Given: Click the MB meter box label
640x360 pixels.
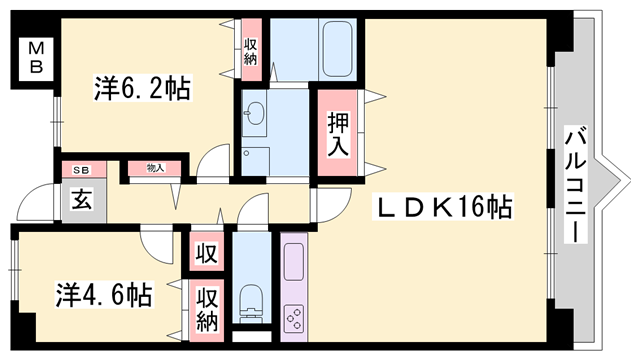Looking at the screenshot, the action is pyautogui.click(x=35, y=56).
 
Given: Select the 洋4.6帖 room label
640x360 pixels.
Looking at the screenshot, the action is pyautogui.click(x=103, y=295).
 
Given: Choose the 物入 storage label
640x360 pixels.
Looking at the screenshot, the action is pyautogui.click(x=155, y=169).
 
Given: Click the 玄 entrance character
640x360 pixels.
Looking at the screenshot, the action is pyautogui.click(x=78, y=197).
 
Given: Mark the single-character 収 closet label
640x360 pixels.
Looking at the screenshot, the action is pyautogui.click(x=206, y=251).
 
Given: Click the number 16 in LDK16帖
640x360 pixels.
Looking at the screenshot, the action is pyautogui.click(x=477, y=208).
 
